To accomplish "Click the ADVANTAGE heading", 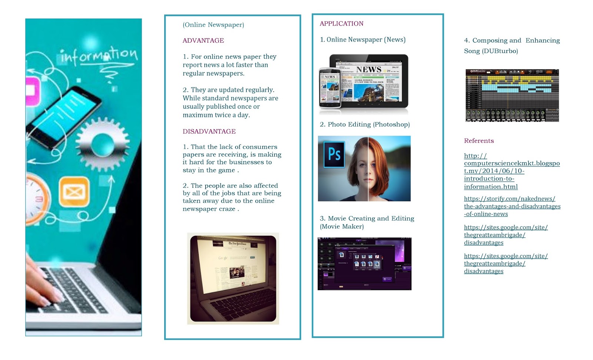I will (x=203, y=40).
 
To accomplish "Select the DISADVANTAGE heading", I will (x=209, y=131).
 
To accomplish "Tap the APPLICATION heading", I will (x=341, y=24).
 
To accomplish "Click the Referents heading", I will (x=479, y=141).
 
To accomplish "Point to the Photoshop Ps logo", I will (x=334, y=154).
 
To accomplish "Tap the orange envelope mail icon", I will (x=74, y=192).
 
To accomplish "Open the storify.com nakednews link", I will (x=512, y=206).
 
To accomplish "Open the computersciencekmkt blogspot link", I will (x=511, y=171).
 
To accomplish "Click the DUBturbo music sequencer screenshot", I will (x=512, y=95).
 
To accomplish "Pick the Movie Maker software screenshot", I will (x=364, y=264).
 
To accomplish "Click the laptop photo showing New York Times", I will (x=233, y=278).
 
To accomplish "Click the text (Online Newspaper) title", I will (x=213, y=25).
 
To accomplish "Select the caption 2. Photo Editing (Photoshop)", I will (x=365, y=125).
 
